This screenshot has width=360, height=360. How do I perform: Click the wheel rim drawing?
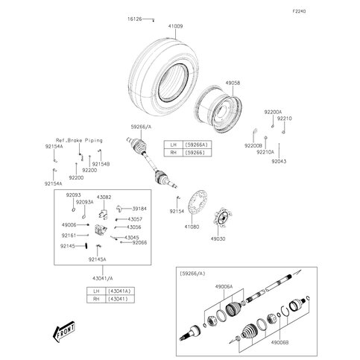pos(219,111)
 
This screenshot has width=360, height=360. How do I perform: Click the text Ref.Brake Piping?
pos(79,140)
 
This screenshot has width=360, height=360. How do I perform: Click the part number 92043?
pos(279,161)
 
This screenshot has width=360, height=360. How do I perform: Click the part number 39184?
pos(138,209)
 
